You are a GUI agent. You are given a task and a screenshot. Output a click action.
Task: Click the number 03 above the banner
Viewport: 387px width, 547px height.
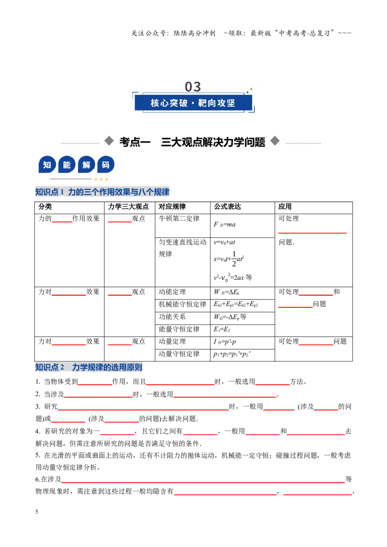click(193, 86)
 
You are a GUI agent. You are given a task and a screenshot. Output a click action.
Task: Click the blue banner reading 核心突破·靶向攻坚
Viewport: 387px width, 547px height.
click(193, 103)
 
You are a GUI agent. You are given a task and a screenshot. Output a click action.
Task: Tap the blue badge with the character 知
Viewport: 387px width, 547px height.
click(47, 165)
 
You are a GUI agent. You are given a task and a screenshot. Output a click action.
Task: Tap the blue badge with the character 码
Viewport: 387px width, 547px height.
click(105, 165)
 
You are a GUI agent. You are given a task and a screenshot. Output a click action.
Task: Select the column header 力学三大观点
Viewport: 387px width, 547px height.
click(128, 206)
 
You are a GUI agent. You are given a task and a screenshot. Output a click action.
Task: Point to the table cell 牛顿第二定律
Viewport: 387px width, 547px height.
click(179, 219)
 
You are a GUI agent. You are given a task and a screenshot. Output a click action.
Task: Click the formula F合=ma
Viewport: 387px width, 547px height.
click(224, 224)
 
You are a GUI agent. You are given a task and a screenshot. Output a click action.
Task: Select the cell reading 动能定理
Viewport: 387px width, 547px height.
click(172, 292)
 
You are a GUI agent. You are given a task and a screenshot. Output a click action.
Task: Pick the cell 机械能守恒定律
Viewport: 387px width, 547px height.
click(183, 304)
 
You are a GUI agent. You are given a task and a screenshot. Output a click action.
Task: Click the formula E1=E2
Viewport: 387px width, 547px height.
click(222, 330)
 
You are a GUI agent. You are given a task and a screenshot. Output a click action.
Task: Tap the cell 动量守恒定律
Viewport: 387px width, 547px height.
click(179, 354)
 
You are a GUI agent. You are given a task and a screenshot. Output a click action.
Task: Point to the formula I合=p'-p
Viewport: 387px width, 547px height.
click(224, 342)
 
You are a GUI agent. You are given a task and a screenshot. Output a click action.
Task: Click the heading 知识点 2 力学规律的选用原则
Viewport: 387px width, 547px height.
click(89, 367)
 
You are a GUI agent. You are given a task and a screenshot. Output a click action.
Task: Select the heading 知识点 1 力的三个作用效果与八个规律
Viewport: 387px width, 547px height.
click(103, 192)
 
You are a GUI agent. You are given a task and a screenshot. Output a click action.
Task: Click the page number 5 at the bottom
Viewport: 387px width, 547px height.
click(37, 512)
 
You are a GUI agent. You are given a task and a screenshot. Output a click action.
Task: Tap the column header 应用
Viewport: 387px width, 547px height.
click(285, 206)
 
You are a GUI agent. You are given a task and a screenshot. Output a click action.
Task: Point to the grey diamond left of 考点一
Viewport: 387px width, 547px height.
click(109, 141)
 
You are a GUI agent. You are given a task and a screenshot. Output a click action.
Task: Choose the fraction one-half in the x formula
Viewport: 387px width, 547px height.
click(234, 259)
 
